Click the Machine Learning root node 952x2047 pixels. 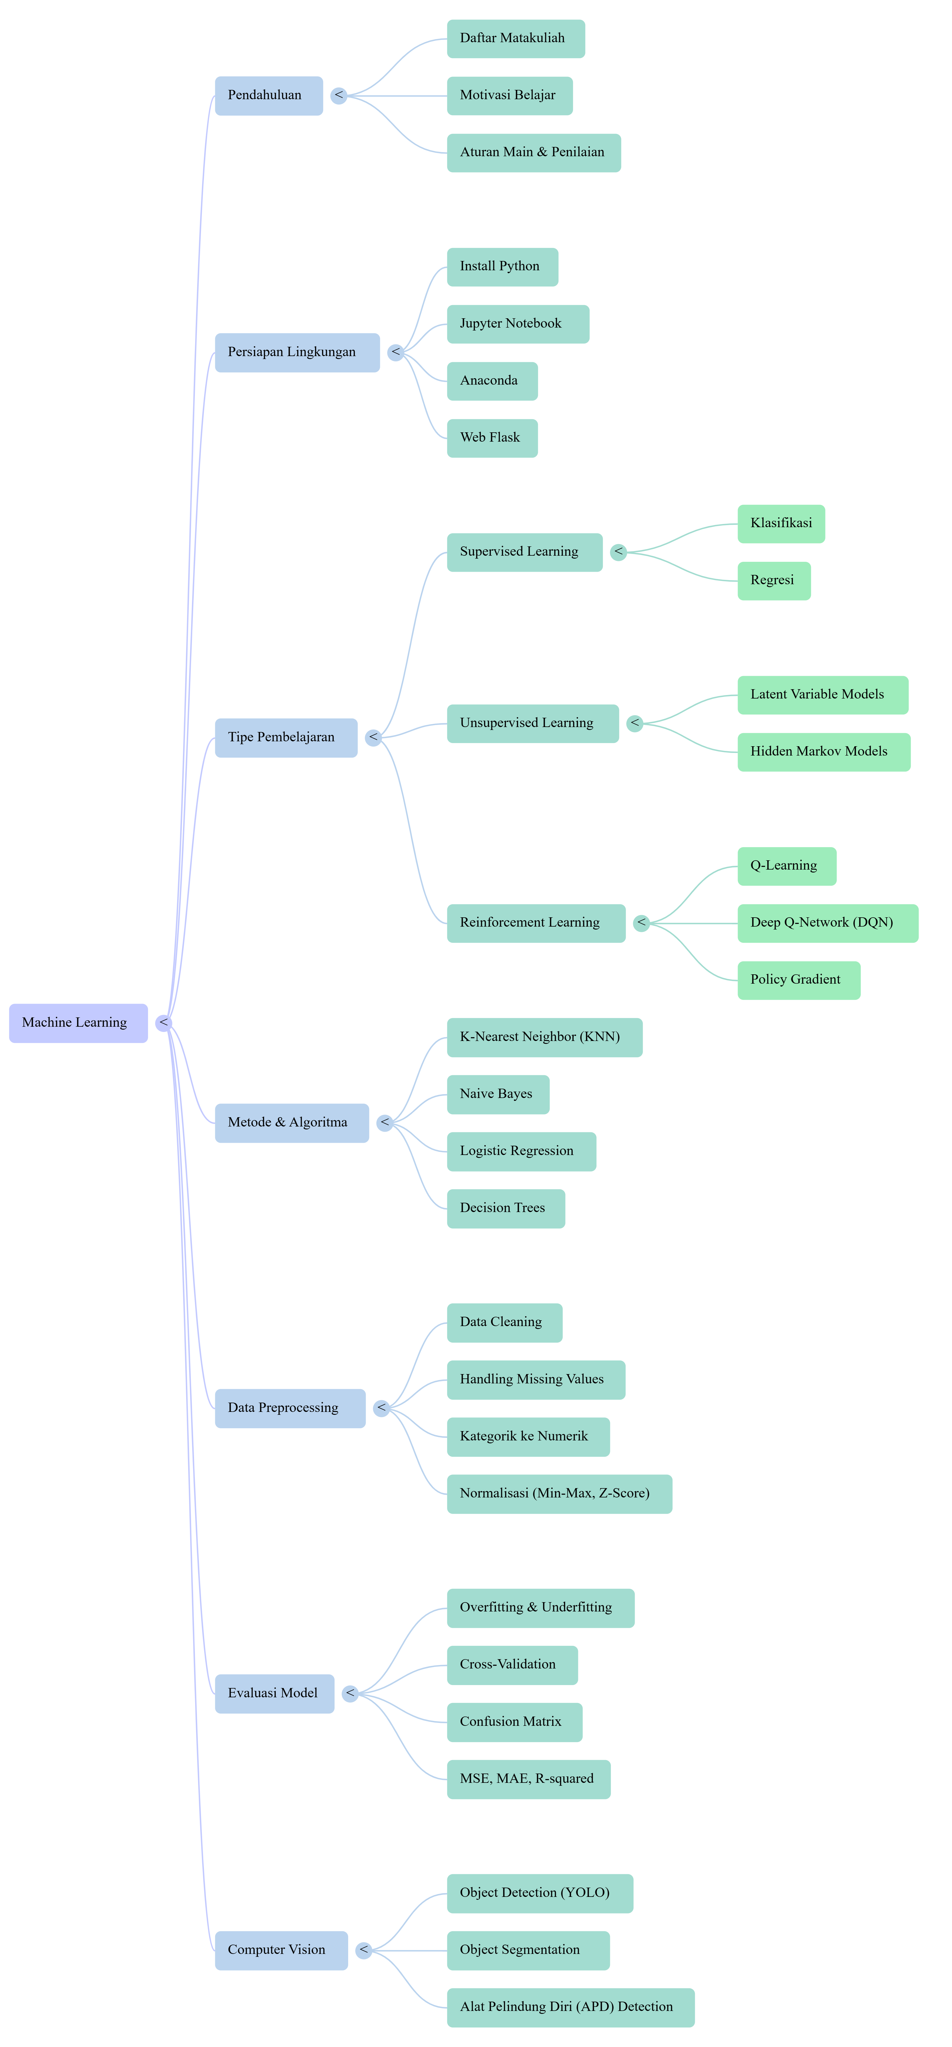click(78, 1023)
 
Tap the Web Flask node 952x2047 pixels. click(492, 438)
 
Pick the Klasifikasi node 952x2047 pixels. click(781, 524)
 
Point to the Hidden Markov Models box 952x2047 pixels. click(823, 752)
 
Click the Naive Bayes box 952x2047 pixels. click(497, 1094)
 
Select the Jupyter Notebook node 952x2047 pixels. click(517, 324)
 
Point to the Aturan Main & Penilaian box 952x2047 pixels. click(533, 152)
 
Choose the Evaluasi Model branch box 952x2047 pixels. click(274, 1694)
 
